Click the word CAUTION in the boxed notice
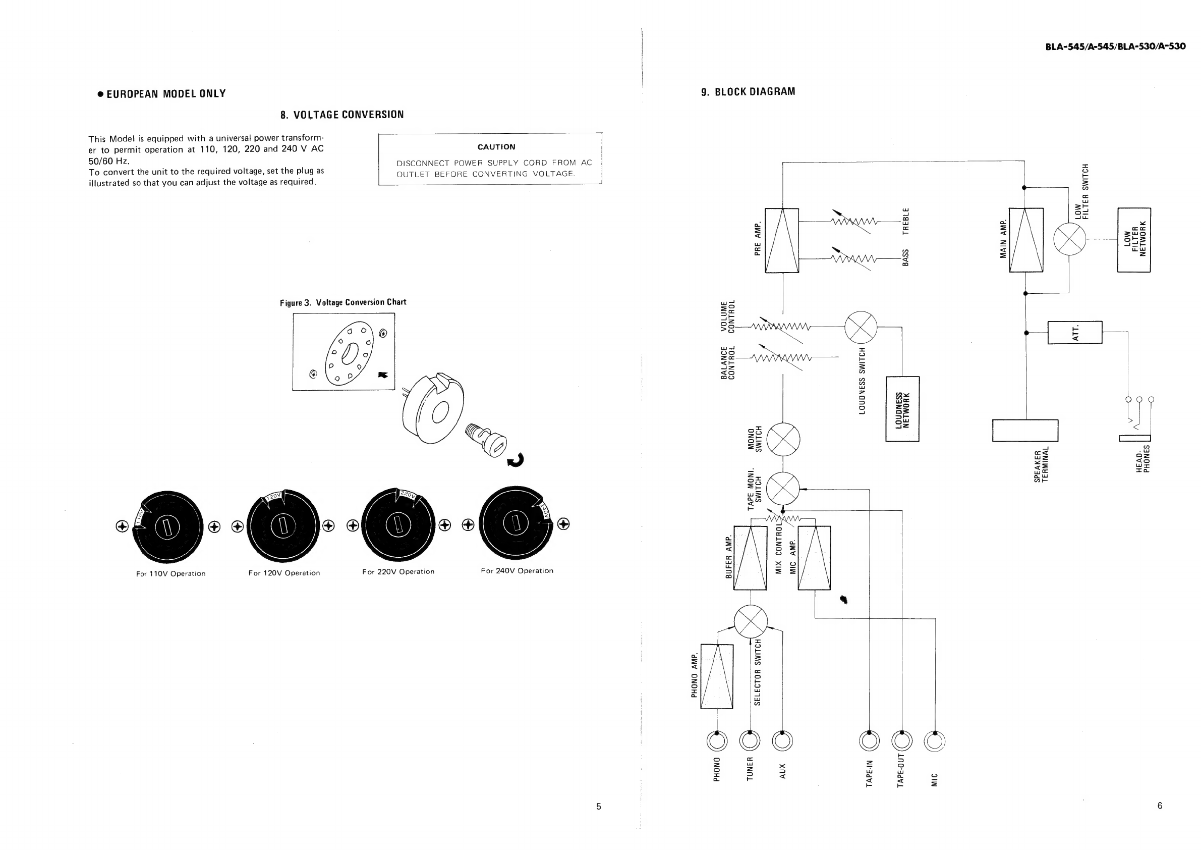[x=496, y=147]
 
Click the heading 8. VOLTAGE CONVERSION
[x=342, y=115]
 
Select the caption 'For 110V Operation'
[x=170, y=573]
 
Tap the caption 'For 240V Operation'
[x=517, y=570]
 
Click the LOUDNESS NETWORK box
[x=902, y=409]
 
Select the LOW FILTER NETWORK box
[x=1133, y=240]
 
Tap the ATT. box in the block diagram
[x=1075, y=332]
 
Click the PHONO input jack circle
[x=717, y=741]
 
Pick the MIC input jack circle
[x=935, y=741]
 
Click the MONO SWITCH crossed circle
[x=783, y=439]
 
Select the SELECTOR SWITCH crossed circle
[x=751, y=622]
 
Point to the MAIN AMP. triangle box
[x=1026, y=240]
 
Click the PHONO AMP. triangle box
[x=717, y=676]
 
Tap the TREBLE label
[x=905, y=221]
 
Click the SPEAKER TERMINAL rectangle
[x=1025, y=430]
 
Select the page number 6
[x=1160, y=806]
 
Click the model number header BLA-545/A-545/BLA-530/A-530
[x=1115, y=46]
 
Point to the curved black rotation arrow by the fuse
[x=516, y=460]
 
